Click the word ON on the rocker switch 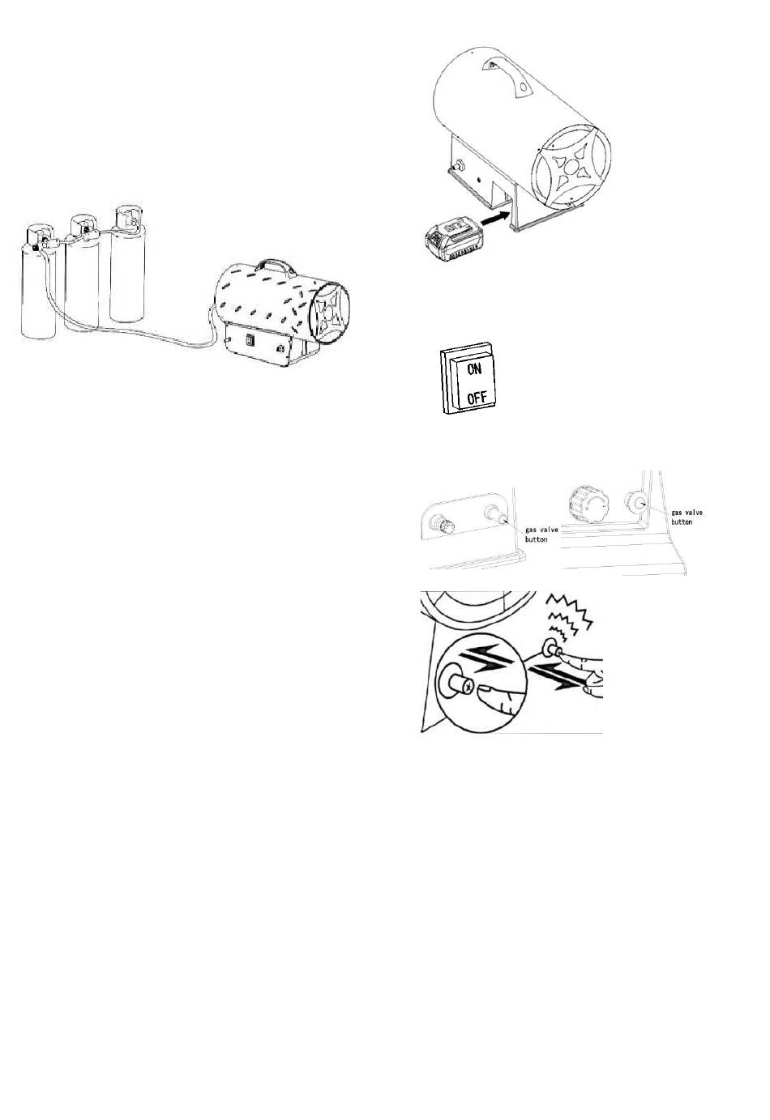(x=474, y=369)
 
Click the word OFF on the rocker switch (x=477, y=398)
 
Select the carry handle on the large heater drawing (x=508, y=74)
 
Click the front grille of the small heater (x=329, y=313)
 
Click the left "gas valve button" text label (x=541, y=534)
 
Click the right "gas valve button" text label (x=687, y=517)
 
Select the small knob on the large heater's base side (x=457, y=164)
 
